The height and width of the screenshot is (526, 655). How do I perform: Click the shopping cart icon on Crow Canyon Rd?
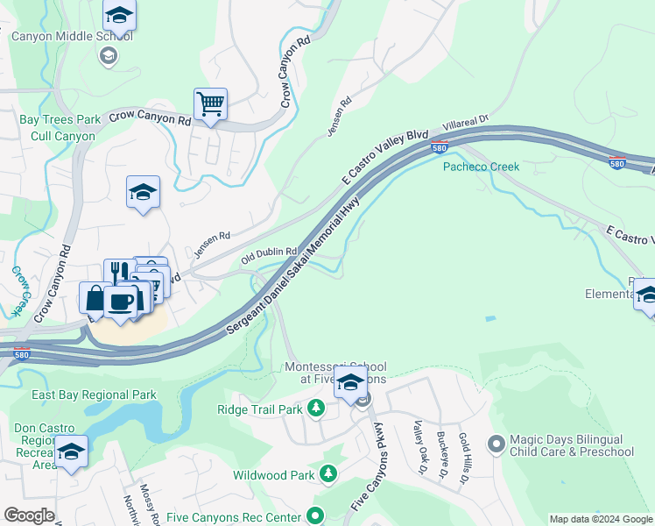coord(210,104)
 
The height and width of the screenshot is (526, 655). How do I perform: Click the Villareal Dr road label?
coord(464,128)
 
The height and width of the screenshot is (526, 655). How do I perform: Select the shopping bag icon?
coord(95,297)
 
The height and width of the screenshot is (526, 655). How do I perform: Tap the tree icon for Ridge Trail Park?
coord(316,409)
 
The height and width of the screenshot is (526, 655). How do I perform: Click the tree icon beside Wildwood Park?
coord(327,475)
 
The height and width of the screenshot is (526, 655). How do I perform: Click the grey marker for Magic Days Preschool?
coord(497,445)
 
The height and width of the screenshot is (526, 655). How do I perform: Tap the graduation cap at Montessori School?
coord(350,383)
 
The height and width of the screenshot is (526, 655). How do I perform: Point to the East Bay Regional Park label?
coord(94,395)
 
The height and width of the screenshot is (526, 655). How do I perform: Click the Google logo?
coord(28,515)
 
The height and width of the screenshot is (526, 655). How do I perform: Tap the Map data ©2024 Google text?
coord(600,519)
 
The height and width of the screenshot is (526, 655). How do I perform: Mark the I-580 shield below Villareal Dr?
coord(440,146)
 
